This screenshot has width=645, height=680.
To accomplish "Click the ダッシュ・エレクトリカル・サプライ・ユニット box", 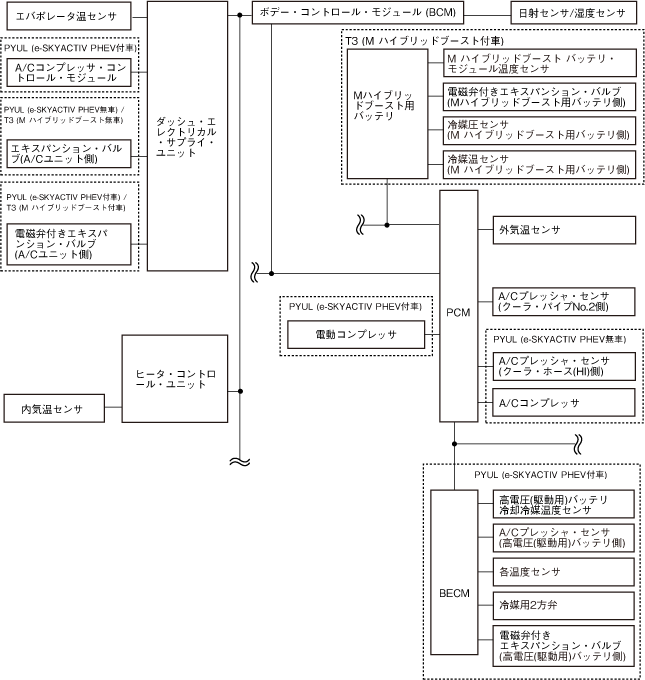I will point(187,136).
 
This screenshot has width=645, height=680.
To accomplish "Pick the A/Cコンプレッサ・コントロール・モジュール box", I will point(69,73).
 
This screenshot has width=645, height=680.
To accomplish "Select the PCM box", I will point(457,312).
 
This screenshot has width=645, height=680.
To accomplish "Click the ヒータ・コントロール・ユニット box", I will point(181,377).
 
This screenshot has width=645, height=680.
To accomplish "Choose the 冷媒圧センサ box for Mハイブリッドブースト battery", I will point(539,130).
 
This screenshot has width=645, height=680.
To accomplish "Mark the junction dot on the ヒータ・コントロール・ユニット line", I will point(240,391).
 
